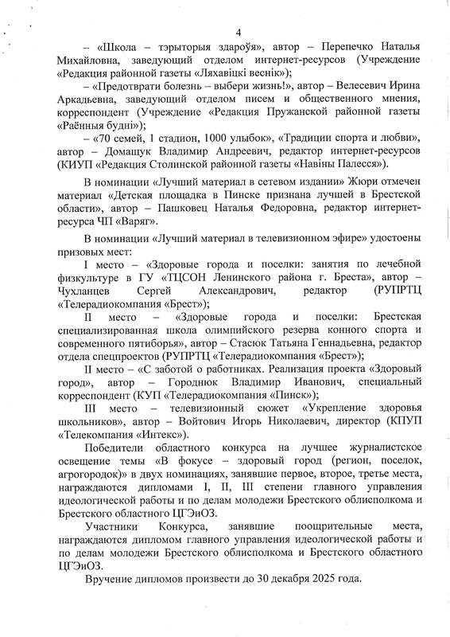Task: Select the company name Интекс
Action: [x=160, y=435]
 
